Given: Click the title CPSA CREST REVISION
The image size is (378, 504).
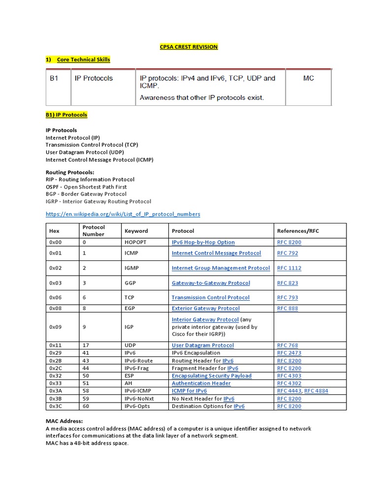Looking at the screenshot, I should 189,47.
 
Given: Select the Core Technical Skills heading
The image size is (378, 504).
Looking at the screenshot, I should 83,60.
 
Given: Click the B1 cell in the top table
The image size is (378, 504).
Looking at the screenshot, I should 54,78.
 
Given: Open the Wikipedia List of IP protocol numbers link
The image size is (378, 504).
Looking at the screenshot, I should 123,214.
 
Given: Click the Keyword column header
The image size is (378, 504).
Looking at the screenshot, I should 136,231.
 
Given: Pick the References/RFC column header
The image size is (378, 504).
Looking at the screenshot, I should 298,231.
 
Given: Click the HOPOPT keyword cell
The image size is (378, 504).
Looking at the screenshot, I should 135,242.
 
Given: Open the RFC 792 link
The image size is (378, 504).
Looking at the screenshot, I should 287,253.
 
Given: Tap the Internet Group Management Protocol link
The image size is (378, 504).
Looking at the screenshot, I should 220,268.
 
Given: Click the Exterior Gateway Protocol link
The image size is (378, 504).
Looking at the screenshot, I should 205,309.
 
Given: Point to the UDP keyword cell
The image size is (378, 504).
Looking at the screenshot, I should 131,346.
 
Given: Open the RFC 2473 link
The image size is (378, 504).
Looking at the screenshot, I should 289,353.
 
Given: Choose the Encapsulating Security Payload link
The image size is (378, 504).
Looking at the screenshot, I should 211,376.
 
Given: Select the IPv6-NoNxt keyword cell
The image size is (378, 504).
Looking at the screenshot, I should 139,399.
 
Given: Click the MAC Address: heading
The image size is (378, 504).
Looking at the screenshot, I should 64,421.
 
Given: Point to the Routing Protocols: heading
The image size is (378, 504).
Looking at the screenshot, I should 70,172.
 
